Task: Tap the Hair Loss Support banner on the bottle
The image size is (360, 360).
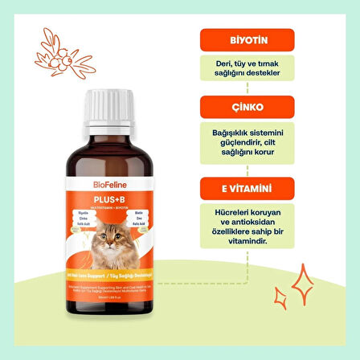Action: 106,287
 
